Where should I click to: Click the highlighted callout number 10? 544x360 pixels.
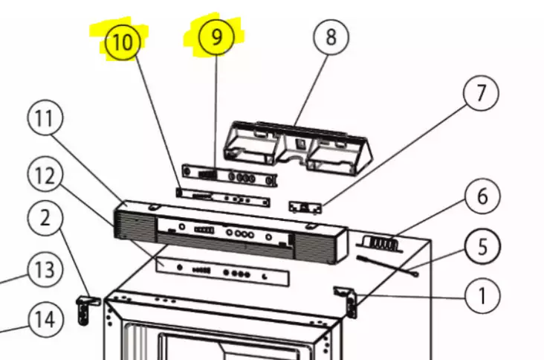click(123, 42)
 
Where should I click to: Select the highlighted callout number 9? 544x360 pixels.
click(216, 37)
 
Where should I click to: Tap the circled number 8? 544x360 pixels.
click(331, 36)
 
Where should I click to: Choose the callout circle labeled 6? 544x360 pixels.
click(482, 196)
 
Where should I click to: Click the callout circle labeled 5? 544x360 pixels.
click(483, 246)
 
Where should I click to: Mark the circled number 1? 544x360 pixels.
click(482, 297)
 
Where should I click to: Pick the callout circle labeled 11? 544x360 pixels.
click(45, 119)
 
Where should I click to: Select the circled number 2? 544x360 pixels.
click(46, 219)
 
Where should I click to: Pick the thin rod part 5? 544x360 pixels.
click(386, 265)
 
